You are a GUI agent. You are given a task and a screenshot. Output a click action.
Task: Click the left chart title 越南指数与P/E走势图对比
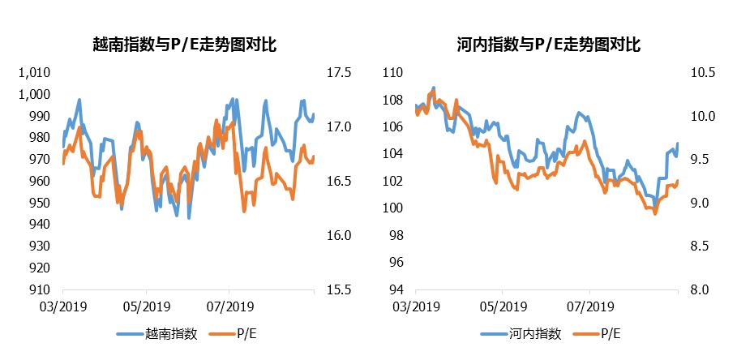click(186, 45)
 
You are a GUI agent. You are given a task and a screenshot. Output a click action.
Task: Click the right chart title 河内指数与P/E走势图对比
click(549, 45)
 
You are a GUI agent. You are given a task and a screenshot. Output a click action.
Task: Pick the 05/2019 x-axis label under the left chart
click(147, 307)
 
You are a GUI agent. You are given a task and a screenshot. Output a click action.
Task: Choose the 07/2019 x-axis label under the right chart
click(589, 307)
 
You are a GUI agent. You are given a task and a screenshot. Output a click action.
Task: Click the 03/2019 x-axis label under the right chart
click(414, 307)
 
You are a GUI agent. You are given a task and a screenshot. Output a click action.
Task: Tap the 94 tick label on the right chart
click(396, 289)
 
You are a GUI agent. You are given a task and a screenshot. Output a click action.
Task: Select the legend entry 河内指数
click(535, 333)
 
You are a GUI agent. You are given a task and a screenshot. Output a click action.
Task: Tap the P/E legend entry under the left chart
click(243, 333)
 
